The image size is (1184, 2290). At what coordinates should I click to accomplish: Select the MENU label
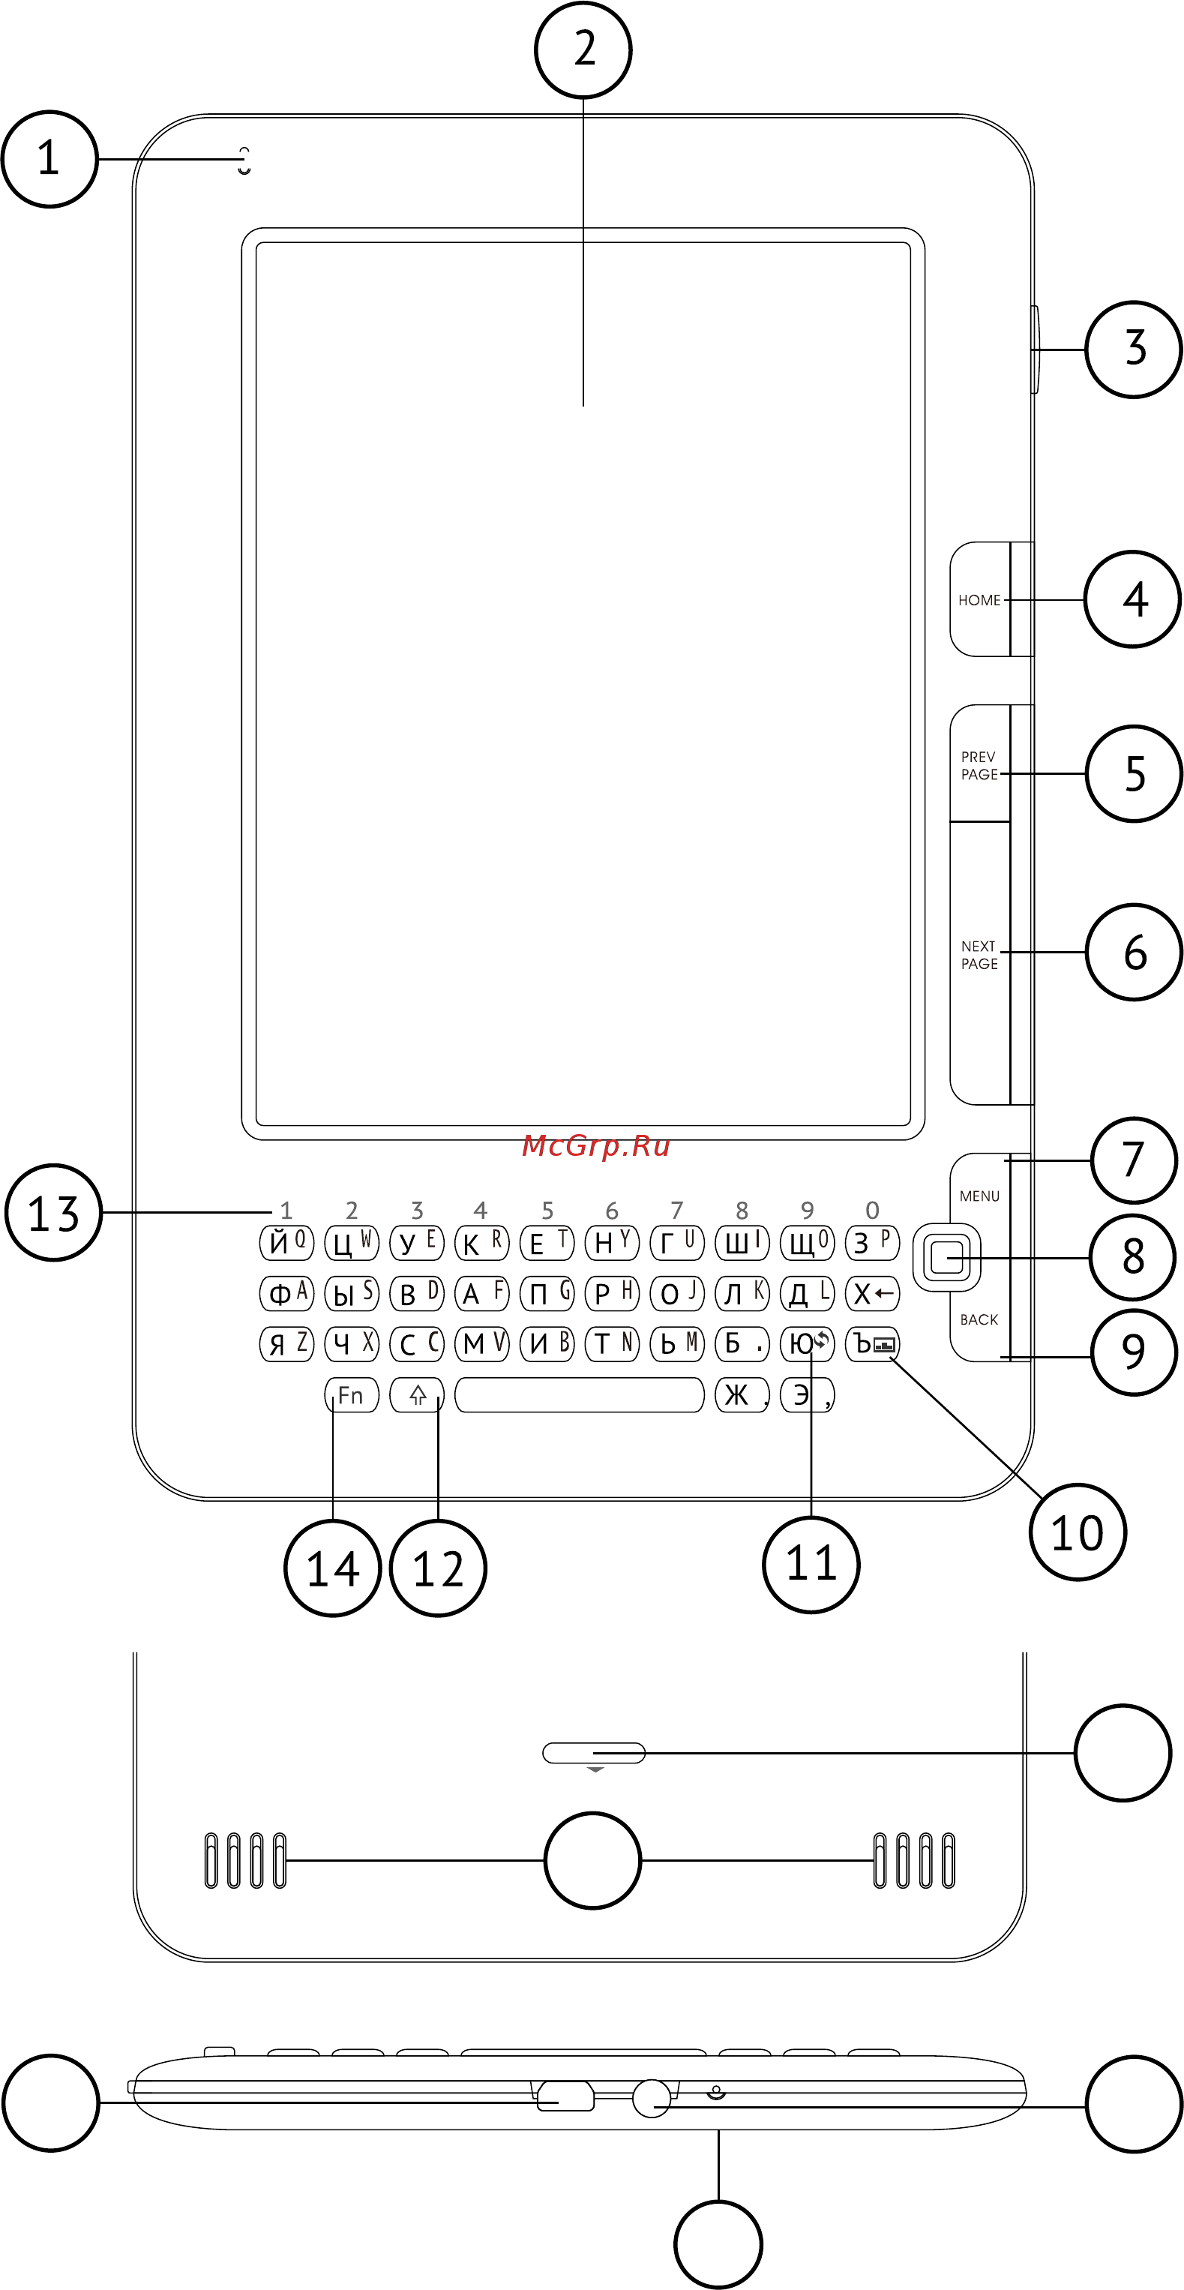tap(979, 1196)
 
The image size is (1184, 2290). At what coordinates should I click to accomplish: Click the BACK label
tap(979, 1319)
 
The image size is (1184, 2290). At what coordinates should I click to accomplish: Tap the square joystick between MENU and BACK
tap(946, 1258)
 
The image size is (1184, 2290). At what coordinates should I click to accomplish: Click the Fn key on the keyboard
tap(352, 1395)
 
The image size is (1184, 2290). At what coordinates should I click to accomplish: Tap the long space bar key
tap(580, 1395)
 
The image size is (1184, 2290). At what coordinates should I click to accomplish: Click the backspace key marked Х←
tap(872, 1293)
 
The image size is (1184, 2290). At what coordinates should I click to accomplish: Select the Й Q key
tap(287, 1242)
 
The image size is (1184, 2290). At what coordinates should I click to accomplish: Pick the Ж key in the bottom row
tap(742, 1395)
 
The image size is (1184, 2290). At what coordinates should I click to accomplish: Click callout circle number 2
tap(583, 50)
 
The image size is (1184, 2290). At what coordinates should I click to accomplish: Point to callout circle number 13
tap(54, 1213)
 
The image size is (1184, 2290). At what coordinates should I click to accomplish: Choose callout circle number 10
tap(1078, 1532)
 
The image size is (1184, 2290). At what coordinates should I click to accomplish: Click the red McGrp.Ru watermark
tap(595, 1146)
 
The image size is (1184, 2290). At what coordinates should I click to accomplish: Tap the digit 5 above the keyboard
tap(547, 1210)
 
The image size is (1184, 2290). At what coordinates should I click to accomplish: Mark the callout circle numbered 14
tap(332, 1568)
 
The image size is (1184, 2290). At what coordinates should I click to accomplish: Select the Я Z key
tap(287, 1343)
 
